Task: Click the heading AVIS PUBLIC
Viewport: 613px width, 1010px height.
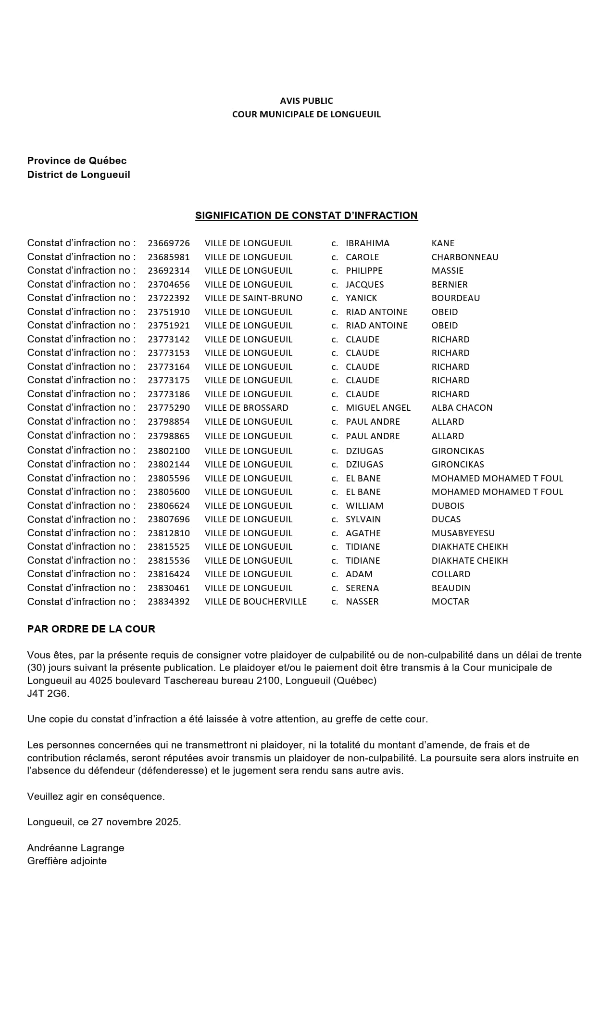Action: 306,101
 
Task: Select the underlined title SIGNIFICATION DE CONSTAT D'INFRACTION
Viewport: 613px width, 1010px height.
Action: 306,215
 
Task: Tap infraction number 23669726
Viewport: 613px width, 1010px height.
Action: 169,243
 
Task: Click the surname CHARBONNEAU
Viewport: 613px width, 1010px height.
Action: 465,257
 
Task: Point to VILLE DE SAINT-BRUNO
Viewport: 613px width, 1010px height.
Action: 253,298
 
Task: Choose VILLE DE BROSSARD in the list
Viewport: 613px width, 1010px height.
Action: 247,408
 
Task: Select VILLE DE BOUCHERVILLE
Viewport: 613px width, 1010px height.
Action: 256,602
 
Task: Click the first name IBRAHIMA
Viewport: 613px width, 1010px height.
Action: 367,243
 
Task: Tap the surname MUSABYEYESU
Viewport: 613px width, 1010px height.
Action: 463,533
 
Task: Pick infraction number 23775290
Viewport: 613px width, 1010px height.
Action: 169,408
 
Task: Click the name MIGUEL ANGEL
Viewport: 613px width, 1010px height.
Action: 378,408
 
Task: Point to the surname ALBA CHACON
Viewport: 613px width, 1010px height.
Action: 462,408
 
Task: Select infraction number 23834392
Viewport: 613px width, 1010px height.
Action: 169,602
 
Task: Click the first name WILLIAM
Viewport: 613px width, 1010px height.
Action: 364,506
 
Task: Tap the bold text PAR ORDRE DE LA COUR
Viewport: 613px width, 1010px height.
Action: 91,629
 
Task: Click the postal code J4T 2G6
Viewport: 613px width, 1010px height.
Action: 48,694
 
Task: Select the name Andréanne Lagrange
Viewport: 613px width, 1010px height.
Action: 76,848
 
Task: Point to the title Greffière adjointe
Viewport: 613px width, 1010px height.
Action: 67,861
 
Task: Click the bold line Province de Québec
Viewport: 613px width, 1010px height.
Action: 77,161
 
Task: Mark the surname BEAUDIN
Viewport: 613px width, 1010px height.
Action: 451,588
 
